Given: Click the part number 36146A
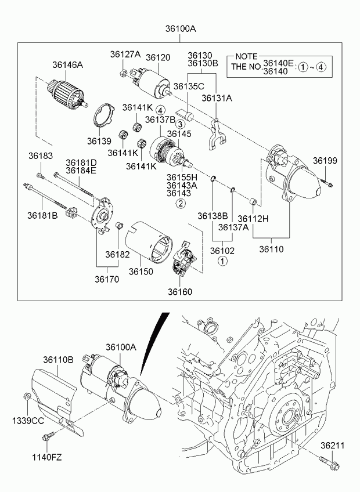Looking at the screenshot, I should (x=67, y=65).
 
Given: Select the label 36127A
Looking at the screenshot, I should (x=125, y=54).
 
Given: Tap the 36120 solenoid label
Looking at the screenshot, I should (x=158, y=57).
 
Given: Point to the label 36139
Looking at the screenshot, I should (x=99, y=140).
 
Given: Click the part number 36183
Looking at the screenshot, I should (x=40, y=156).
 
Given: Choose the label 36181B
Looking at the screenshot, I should (x=42, y=215).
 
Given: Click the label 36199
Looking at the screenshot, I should (x=325, y=160).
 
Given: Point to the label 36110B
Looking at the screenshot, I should (x=60, y=360).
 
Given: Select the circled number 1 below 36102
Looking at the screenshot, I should (x=222, y=262).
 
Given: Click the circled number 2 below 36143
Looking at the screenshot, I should (x=181, y=204).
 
